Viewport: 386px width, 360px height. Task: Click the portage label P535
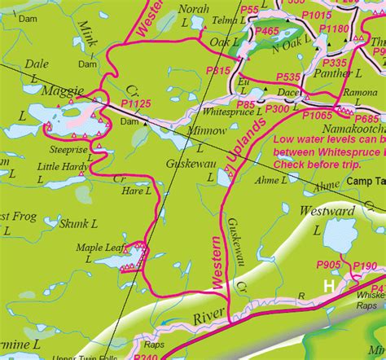point(288,77)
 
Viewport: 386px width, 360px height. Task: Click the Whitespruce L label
point(232,112)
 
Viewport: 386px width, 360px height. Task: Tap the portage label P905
point(328,266)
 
